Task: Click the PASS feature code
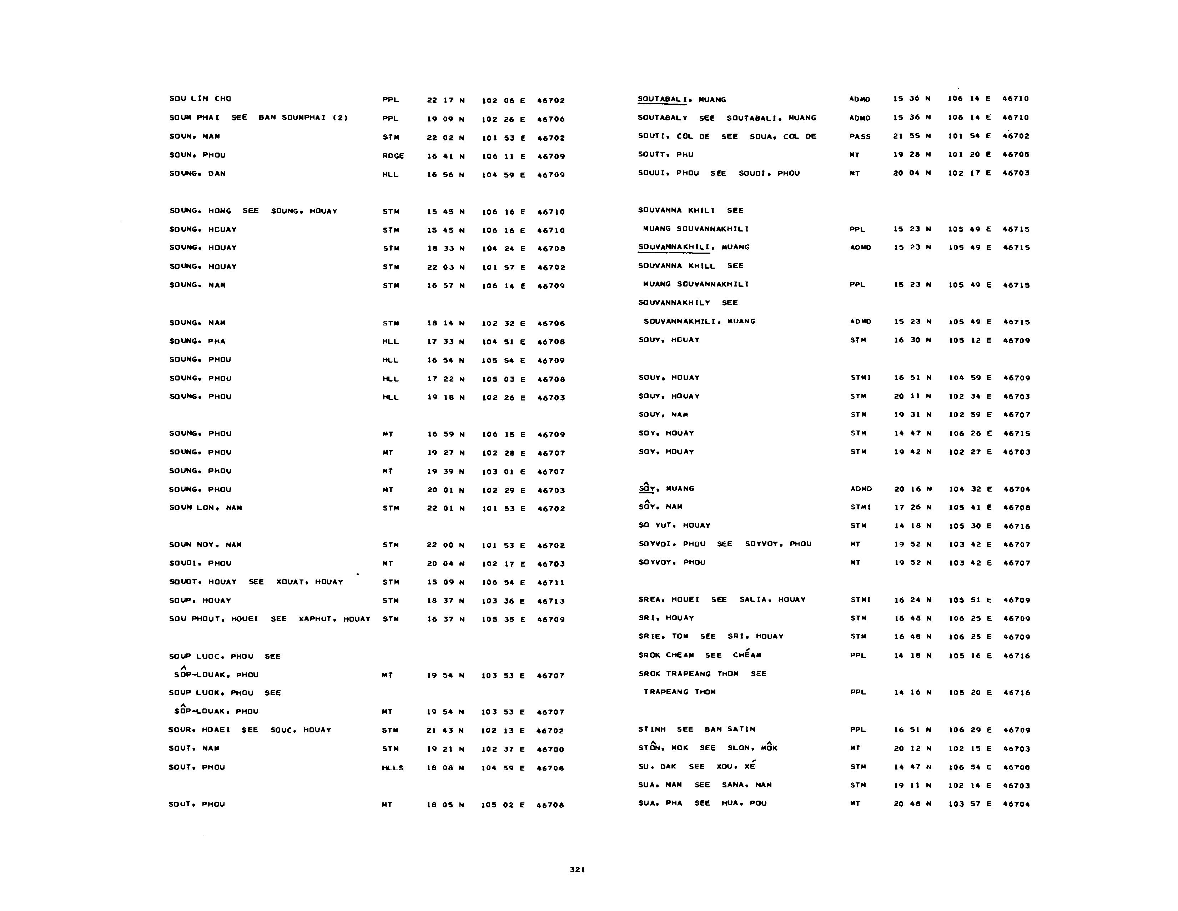tap(860, 136)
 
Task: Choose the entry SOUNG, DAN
tap(197, 174)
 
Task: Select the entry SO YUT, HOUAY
tap(674, 525)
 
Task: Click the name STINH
tap(651, 730)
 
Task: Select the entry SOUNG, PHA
tap(197, 341)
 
